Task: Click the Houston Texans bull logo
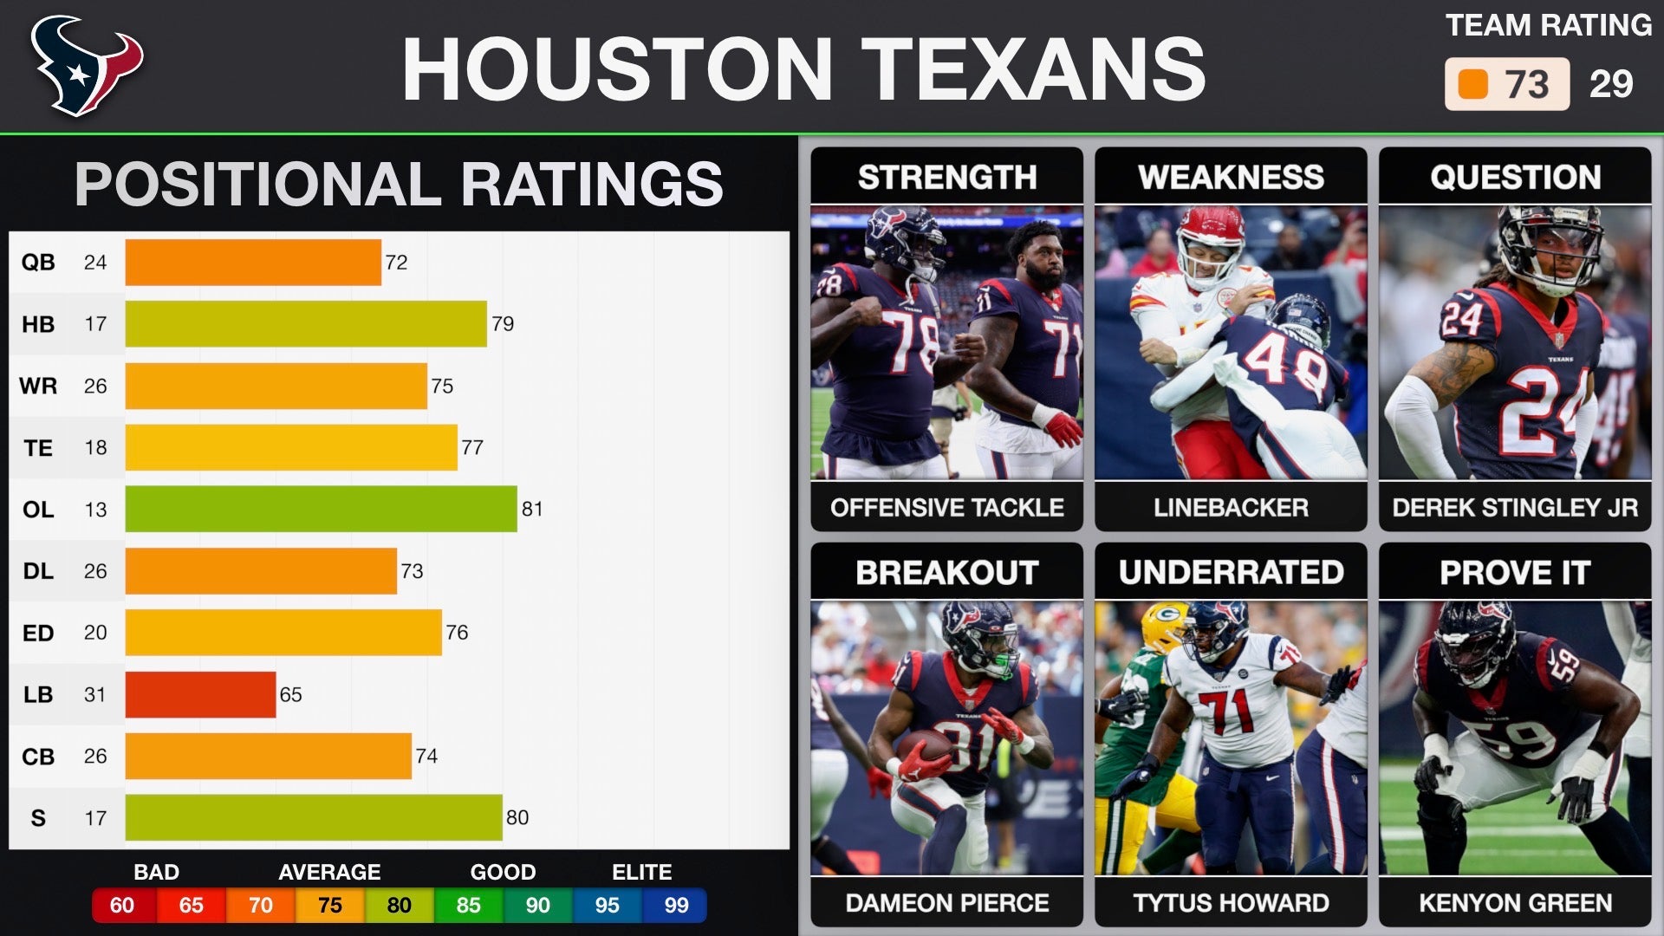(86, 66)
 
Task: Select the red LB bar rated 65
(200, 695)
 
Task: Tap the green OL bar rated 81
(321, 509)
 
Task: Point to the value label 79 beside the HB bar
(503, 324)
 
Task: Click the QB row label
(38, 263)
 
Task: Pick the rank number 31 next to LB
(95, 695)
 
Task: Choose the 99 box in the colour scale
(676, 906)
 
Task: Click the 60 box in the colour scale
(122, 906)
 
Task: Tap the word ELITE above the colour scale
(641, 872)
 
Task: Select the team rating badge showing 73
(1506, 84)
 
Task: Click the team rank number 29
(1611, 84)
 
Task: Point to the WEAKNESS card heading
(1231, 178)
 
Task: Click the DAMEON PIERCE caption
(946, 903)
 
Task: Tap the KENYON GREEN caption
(1515, 903)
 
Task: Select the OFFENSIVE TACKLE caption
(946, 508)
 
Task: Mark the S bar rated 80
(314, 818)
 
